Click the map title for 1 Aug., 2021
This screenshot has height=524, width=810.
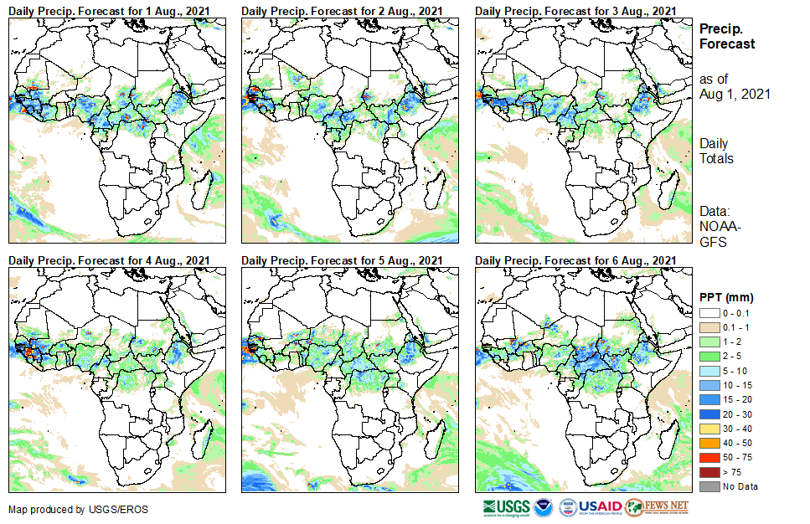point(108,9)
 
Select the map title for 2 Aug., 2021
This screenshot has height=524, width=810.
point(342,9)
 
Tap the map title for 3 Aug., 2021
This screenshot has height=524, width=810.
point(575,9)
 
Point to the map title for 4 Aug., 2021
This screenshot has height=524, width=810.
point(108,260)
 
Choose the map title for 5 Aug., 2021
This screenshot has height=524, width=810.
point(342,260)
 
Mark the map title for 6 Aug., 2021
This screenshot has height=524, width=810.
point(575,260)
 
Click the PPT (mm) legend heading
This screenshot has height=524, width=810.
point(727,297)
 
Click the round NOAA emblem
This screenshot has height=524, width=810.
point(544,507)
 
